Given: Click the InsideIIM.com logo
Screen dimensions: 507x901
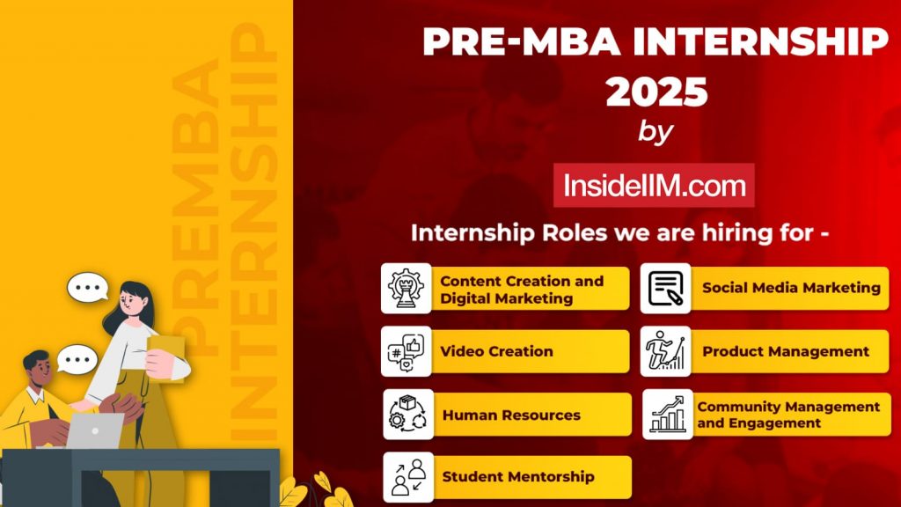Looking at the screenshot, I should (654, 186).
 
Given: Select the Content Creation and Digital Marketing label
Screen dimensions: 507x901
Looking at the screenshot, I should (522, 290).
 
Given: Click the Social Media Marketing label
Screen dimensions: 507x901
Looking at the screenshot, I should (790, 288).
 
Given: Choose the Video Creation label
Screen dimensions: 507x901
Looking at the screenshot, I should (496, 351).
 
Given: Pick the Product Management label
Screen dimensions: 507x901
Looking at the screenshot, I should (785, 351).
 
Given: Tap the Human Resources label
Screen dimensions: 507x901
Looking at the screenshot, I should (511, 415).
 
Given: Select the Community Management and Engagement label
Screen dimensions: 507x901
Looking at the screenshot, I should (788, 415).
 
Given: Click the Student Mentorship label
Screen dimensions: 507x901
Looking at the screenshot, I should (518, 477).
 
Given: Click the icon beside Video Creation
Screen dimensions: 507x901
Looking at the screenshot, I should (407, 351).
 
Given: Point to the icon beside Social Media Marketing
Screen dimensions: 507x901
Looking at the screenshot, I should (665, 289).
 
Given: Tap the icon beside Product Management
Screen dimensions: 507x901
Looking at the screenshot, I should (665, 351).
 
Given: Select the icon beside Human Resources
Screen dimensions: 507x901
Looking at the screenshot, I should (407, 415).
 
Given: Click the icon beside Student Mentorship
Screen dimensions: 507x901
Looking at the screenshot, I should (407, 477).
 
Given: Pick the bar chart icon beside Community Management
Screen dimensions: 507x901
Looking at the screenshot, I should (667, 415).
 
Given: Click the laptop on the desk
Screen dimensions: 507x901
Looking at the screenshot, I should (95, 430).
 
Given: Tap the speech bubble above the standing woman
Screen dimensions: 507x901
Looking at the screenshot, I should (88, 287).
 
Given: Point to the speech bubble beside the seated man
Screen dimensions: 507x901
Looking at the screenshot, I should (77, 359).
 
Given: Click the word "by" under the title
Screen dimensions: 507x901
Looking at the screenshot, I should (655, 132).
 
